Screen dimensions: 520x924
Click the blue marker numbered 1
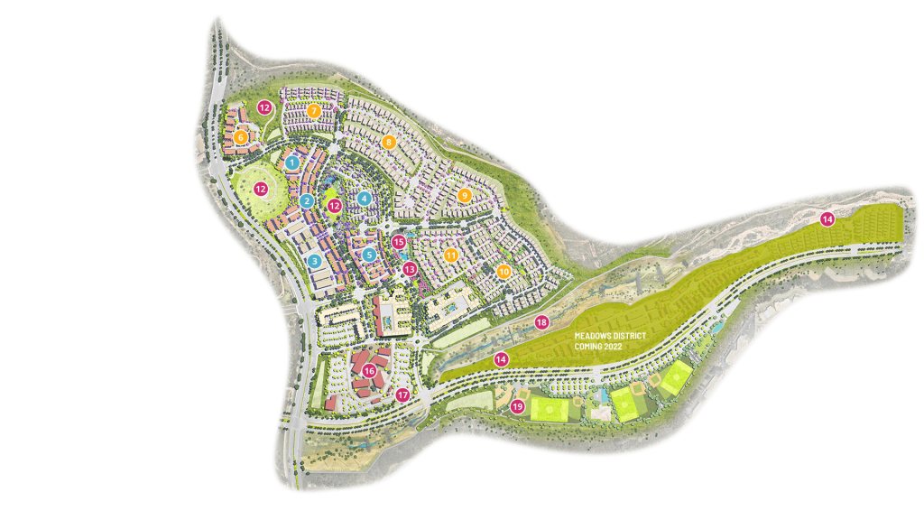pos(292,162)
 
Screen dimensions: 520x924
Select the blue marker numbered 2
pos(307,200)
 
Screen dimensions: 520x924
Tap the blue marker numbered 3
pos(314,261)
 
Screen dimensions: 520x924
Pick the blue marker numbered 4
pos(364,198)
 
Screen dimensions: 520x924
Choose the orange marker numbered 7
pos(314,111)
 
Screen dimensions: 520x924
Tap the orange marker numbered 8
pos(389,142)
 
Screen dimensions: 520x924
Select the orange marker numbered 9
pos(465,195)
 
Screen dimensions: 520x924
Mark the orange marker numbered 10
pos(504,270)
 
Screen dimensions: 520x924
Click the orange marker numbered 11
pos(450,255)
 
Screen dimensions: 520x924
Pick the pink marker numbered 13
pos(409,268)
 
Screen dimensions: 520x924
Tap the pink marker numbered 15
pos(399,242)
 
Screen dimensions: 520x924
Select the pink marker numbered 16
pos(368,369)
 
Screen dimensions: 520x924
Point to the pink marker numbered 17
pos(402,395)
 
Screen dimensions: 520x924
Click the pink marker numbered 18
pos(541,322)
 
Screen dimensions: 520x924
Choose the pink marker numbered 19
pos(517,407)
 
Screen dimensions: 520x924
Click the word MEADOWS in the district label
pos(596,335)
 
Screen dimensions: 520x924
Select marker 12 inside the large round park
pos(261,190)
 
